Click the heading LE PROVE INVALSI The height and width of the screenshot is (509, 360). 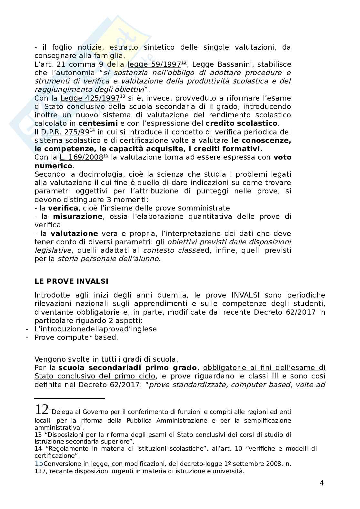point(71,281)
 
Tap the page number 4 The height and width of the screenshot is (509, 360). point(321,483)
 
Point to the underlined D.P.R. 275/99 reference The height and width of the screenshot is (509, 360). point(65,132)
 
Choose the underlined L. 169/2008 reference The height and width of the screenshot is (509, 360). point(81,157)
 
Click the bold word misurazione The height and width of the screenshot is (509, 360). point(77,216)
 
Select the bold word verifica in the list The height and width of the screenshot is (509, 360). point(63,208)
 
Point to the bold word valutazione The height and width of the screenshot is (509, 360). point(74,233)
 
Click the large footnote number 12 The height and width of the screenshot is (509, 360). point(42,409)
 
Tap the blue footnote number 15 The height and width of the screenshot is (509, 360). point(39,464)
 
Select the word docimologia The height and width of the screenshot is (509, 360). point(97,174)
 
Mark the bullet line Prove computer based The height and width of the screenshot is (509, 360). point(76,337)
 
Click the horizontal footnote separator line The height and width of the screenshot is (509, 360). point(70,398)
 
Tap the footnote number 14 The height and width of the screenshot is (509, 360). point(38,448)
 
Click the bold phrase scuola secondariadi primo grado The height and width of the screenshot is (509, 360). point(127,368)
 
